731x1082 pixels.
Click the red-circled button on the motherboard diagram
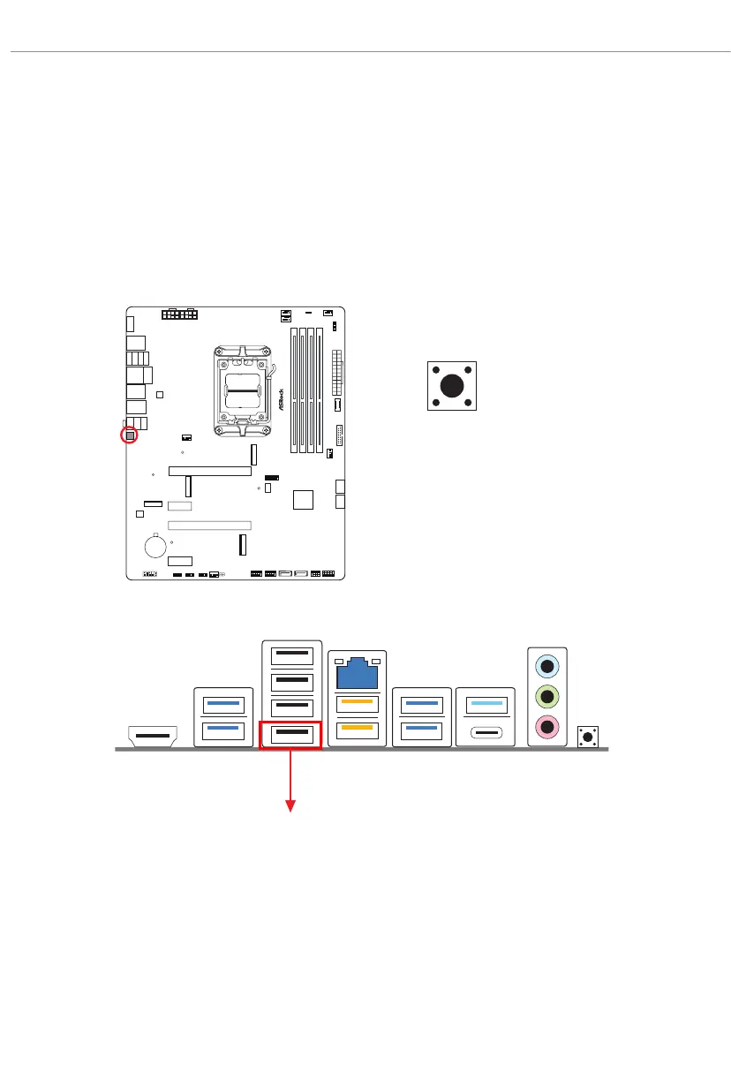pos(129,435)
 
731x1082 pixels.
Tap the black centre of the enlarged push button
pos(452,385)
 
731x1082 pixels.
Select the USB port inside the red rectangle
pos(290,733)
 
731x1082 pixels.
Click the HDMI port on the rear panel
pos(153,734)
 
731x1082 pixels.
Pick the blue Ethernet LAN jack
pos(357,676)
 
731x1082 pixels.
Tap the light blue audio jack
pos(548,668)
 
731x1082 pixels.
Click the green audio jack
pos(548,698)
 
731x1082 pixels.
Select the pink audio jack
pos(548,727)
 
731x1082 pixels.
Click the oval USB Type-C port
pos(484,732)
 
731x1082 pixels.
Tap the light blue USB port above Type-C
pos(484,705)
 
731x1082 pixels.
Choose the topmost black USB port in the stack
pos(290,655)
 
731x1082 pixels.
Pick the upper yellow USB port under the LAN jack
pos(357,705)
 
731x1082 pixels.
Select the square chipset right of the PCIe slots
pos(303,499)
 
